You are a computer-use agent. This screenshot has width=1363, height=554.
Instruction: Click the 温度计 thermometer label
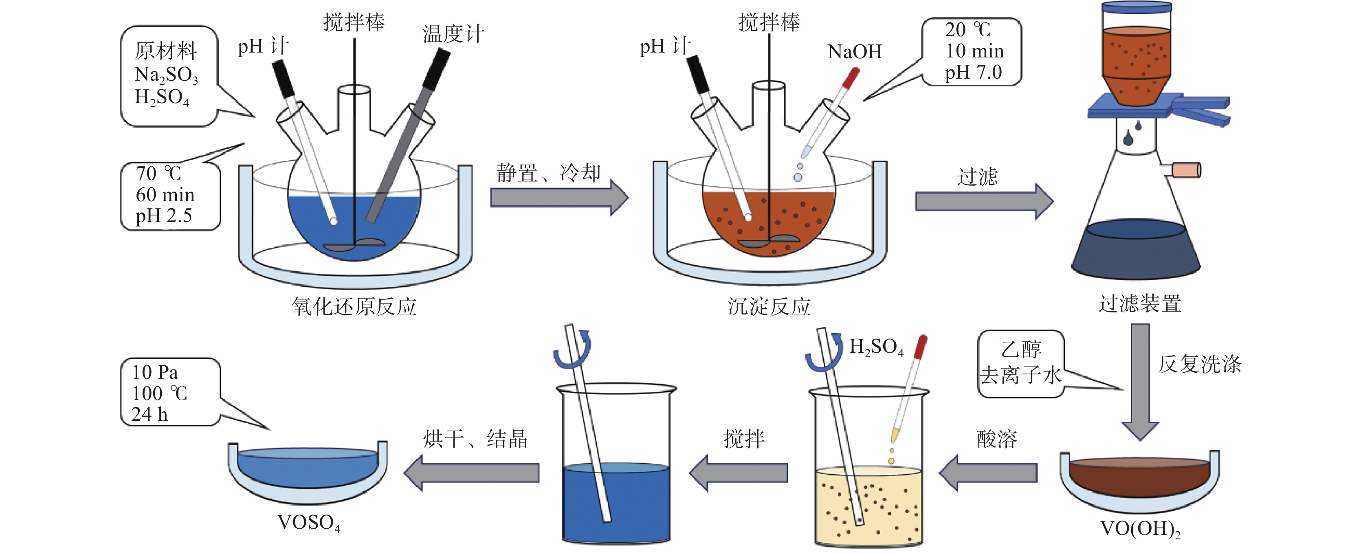[x=453, y=34]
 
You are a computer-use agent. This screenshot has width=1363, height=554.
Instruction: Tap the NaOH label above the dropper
[x=855, y=52]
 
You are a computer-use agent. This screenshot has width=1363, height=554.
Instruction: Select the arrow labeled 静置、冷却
[x=558, y=198]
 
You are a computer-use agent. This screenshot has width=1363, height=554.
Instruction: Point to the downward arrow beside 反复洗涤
[x=1140, y=381]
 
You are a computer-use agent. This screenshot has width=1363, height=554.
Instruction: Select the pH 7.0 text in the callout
[x=973, y=73]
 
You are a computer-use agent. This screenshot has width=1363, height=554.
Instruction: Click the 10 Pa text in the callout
[x=155, y=372]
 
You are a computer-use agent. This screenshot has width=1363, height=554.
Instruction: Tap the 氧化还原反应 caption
[x=354, y=306]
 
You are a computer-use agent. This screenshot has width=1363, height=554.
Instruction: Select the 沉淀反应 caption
[x=769, y=306]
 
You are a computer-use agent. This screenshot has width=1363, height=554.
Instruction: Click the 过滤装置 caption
[x=1140, y=304]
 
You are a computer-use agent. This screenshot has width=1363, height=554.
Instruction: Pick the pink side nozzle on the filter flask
[x=1187, y=170]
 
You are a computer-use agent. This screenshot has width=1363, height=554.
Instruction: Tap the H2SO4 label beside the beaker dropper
[x=876, y=347]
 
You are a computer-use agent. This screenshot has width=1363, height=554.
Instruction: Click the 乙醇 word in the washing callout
[x=1021, y=349]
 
